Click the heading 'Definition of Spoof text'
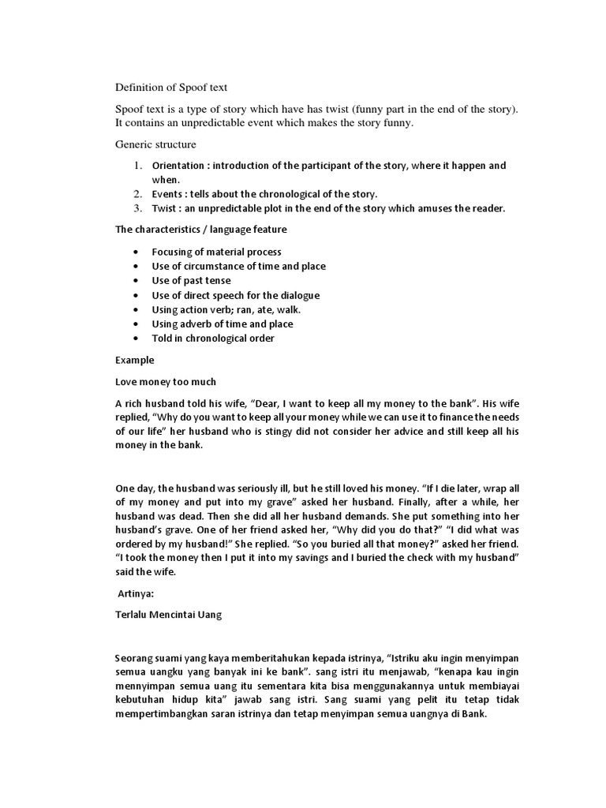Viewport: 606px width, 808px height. pos(171,88)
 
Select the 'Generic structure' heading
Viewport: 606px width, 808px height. pos(155,145)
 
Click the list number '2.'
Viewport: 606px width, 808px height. pos(137,194)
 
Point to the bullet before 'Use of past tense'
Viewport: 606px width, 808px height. pos(137,281)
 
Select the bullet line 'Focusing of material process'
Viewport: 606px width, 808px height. pos(216,252)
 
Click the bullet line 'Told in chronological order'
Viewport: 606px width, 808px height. pos(213,339)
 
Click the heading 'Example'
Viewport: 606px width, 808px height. pos(135,360)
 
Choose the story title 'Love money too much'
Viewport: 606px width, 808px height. pos(165,382)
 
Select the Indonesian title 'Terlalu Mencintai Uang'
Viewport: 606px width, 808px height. pos(168,615)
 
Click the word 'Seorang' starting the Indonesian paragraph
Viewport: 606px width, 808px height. pos(137,658)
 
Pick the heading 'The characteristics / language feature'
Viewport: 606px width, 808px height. pos(201,230)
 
